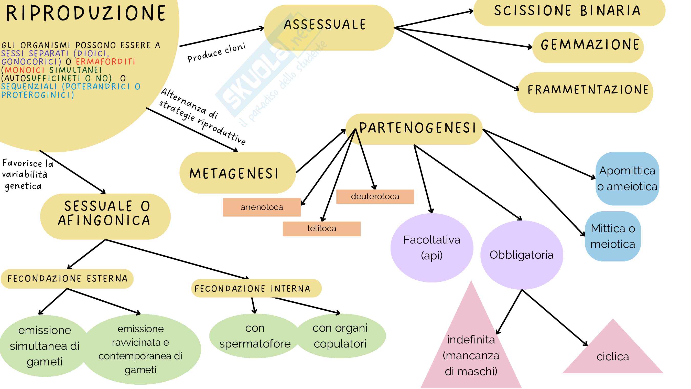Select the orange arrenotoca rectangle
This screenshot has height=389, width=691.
click(x=262, y=207)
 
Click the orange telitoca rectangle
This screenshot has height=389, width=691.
click(x=321, y=228)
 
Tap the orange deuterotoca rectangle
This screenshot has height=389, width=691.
click(x=375, y=196)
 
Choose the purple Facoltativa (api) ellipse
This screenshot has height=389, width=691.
click(x=431, y=248)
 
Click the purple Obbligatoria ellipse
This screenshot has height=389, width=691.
click(x=522, y=255)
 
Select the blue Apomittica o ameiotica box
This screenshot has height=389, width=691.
click(x=627, y=178)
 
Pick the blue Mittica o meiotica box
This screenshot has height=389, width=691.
click(x=613, y=236)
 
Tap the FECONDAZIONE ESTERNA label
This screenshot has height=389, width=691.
click(x=67, y=278)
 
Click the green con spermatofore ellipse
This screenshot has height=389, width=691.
click(x=255, y=335)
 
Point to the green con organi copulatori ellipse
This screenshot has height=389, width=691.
click(x=340, y=335)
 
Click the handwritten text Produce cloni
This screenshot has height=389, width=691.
click(x=217, y=52)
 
